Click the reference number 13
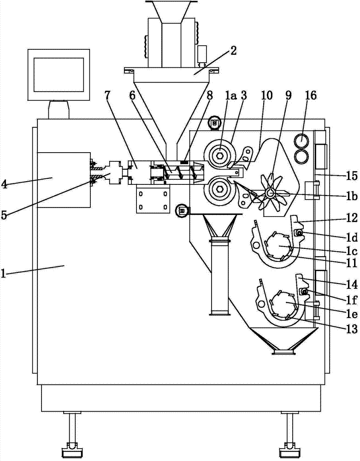(352, 329)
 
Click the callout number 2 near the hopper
(233, 51)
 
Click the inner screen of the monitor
(59, 74)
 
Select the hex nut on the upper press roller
(219, 155)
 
